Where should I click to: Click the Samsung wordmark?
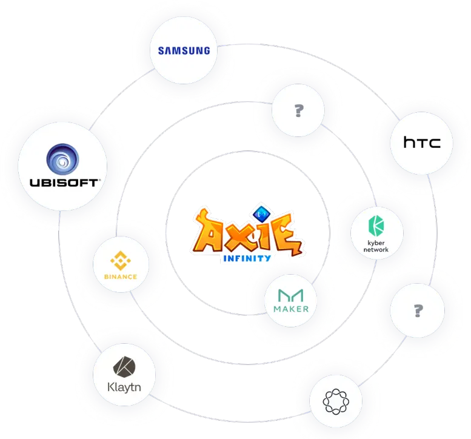coord(184,50)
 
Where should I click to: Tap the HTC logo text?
coord(422,142)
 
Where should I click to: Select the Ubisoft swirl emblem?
coord(62,159)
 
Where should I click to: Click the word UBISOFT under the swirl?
coord(64,183)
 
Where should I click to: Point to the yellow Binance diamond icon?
coord(121,261)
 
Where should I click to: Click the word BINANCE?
coord(121,276)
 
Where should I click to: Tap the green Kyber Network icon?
coord(376,226)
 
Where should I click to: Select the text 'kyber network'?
coord(376,246)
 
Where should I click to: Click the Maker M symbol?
coord(290,295)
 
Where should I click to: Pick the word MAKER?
coord(291,309)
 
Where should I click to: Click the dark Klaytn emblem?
coord(124,367)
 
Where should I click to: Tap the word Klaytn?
coord(124,387)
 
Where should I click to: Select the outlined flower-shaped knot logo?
coord(336,401)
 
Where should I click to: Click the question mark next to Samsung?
coord(299,110)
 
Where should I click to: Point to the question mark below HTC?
coord(418,310)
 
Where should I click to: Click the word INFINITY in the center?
coord(247,258)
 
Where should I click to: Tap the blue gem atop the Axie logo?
coord(261,213)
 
